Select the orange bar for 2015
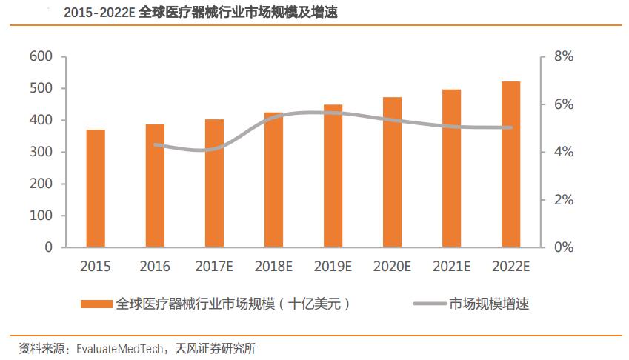click(96, 188)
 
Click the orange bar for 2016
click(155, 186)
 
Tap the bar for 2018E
click(273, 180)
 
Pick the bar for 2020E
click(392, 172)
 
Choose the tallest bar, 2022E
click(510, 164)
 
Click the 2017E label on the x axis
click(214, 266)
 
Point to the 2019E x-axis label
click(333, 266)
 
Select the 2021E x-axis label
click(451, 266)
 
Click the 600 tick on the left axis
click(41, 57)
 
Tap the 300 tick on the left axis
click(41, 153)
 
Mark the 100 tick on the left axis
click(41, 216)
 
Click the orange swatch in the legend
click(96, 304)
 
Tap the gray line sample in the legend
click(427, 304)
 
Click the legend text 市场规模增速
click(488, 304)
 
